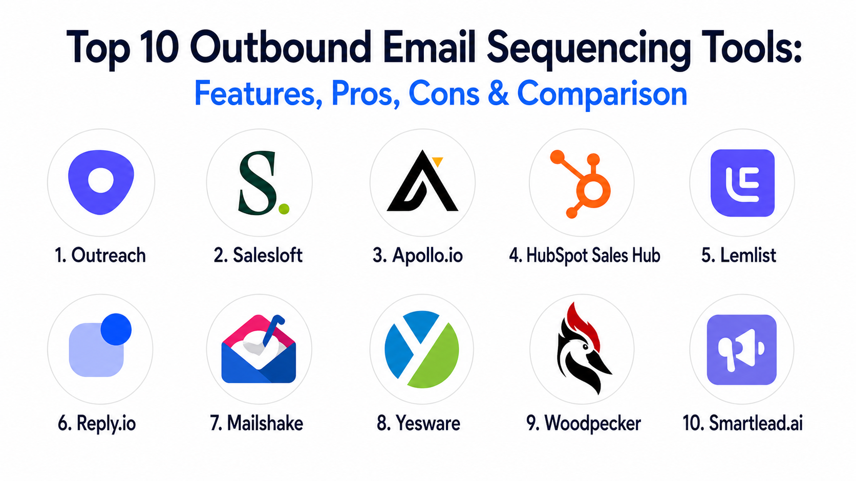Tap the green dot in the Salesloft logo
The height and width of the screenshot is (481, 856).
(284, 209)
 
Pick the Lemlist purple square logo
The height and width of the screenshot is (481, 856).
(742, 183)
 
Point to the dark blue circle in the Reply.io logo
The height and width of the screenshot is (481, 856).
(116, 329)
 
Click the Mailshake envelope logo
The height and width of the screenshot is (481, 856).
(259, 349)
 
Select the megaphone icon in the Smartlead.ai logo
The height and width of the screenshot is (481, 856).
(741, 350)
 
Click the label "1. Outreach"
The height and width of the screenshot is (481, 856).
(100, 255)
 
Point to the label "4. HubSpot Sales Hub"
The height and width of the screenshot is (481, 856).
(584, 255)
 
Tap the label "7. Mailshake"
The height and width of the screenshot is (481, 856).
(256, 423)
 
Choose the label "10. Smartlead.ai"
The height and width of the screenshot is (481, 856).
(742, 423)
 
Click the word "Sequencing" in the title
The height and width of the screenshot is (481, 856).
(589, 49)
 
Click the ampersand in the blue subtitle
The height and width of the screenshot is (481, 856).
(499, 93)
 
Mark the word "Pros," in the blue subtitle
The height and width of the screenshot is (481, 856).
(366, 94)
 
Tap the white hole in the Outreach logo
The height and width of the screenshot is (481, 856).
(101, 180)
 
